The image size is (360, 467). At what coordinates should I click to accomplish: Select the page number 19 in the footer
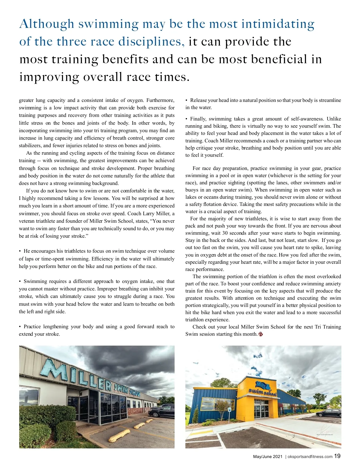[x=337, y=456]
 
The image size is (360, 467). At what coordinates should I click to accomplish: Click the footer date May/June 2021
[x=268, y=457]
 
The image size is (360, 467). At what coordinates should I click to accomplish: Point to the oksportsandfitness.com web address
[x=310, y=457]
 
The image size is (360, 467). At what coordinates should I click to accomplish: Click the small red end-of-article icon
[x=261, y=334]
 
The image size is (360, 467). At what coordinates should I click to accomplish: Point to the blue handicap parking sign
[x=229, y=409]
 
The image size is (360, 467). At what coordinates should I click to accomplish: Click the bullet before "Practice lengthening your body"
[x=20, y=327]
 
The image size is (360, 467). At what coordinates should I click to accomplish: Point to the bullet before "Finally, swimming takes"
[x=187, y=119]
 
